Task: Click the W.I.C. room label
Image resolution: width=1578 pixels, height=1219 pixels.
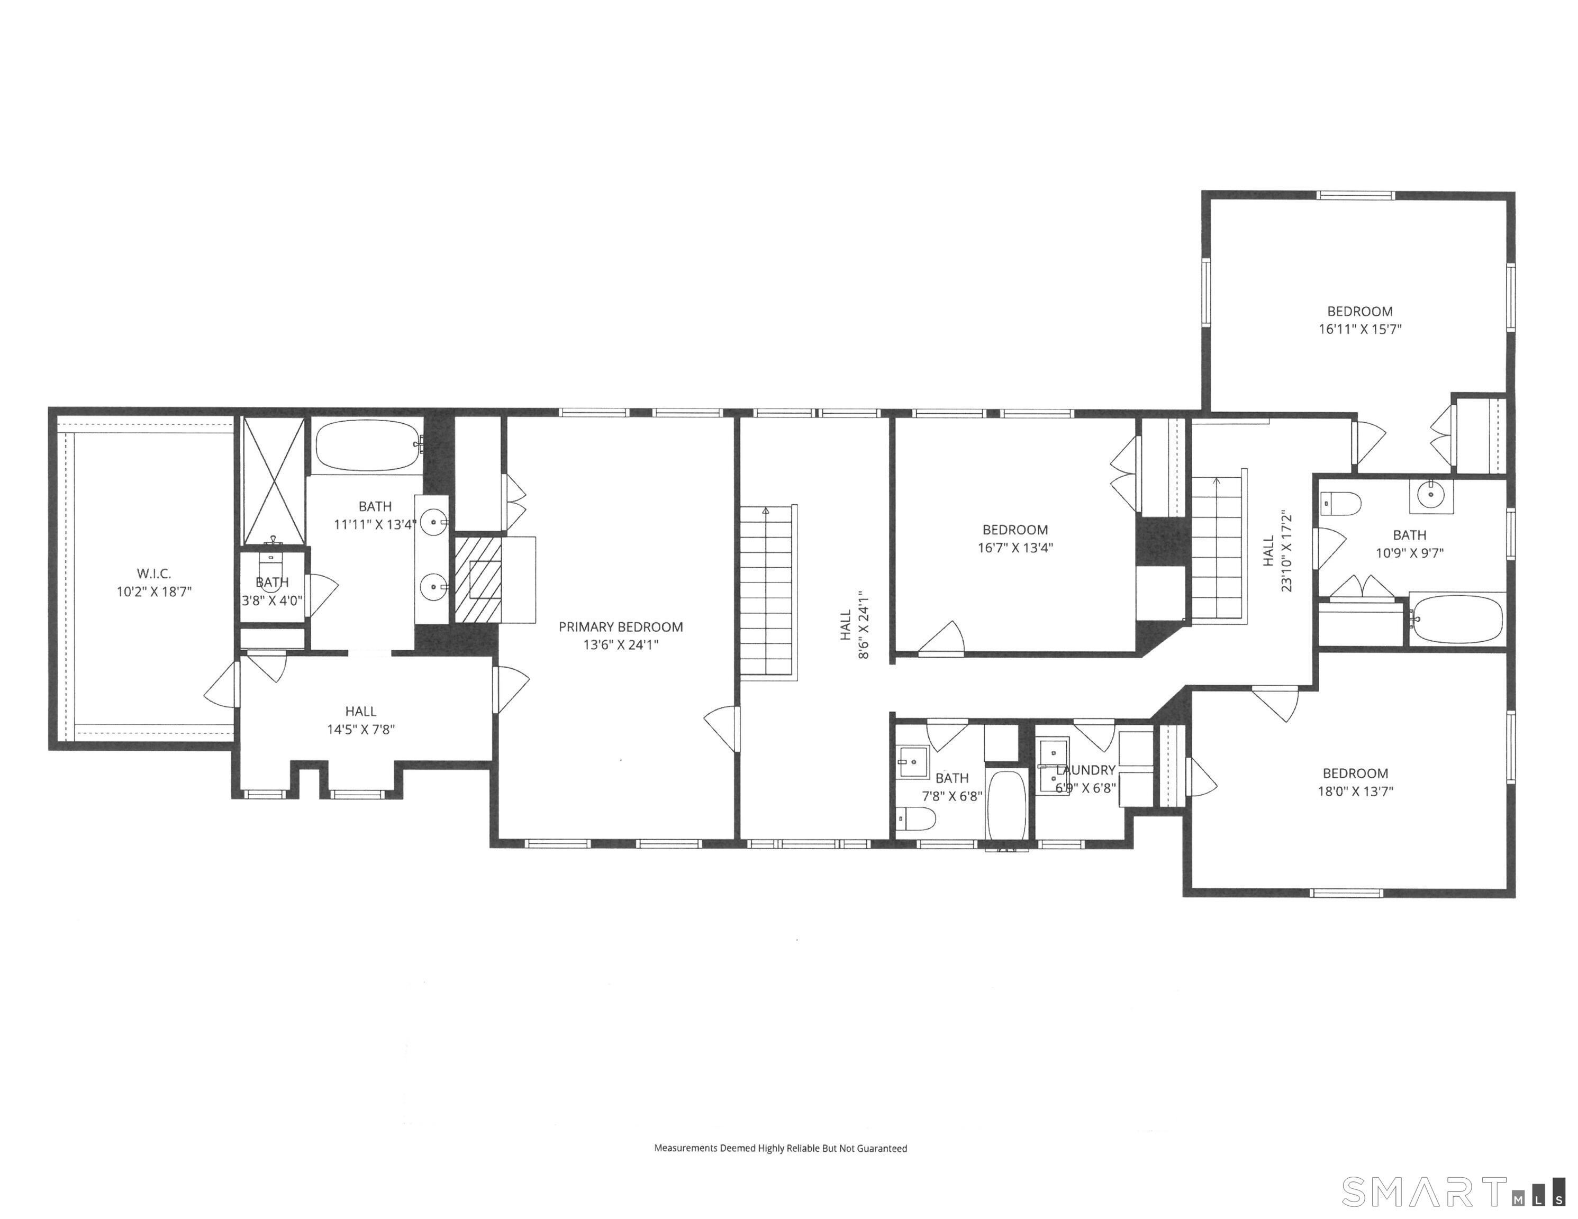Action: tap(154, 574)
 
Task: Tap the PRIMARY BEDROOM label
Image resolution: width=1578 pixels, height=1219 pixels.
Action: tap(621, 626)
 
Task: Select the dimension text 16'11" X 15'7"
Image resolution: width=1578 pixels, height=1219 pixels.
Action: tap(1360, 329)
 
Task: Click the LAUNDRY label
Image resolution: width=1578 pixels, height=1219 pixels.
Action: tap(1085, 770)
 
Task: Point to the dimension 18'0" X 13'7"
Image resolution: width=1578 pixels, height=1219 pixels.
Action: tap(1355, 790)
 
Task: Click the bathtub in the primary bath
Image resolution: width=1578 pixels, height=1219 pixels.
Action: tap(368, 445)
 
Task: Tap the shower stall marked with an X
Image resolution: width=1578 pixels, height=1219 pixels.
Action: tap(273, 480)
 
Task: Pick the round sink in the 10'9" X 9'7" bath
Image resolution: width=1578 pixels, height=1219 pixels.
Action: tap(1430, 495)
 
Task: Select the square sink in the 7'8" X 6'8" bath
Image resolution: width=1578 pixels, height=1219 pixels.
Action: tap(913, 761)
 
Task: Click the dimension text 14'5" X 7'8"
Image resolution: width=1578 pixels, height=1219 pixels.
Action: tap(360, 729)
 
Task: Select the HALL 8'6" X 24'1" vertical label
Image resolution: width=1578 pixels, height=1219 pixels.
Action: tap(854, 625)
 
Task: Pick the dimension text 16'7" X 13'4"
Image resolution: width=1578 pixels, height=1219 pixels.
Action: tap(1015, 547)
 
